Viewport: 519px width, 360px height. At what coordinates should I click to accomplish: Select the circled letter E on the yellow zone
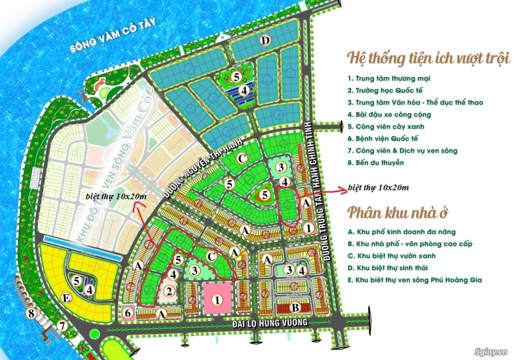click(x=66, y=298)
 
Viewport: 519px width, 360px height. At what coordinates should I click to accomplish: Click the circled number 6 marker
click(x=128, y=313)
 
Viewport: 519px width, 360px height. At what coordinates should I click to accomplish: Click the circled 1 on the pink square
click(x=217, y=300)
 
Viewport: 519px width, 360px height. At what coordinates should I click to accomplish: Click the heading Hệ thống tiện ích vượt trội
click(x=428, y=59)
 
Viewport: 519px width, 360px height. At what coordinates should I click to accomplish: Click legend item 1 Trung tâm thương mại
click(x=389, y=79)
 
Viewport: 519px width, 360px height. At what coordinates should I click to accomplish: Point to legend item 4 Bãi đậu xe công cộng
click(x=389, y=115)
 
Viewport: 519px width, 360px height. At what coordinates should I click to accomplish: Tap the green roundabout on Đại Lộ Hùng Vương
click(x=94, y=334)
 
